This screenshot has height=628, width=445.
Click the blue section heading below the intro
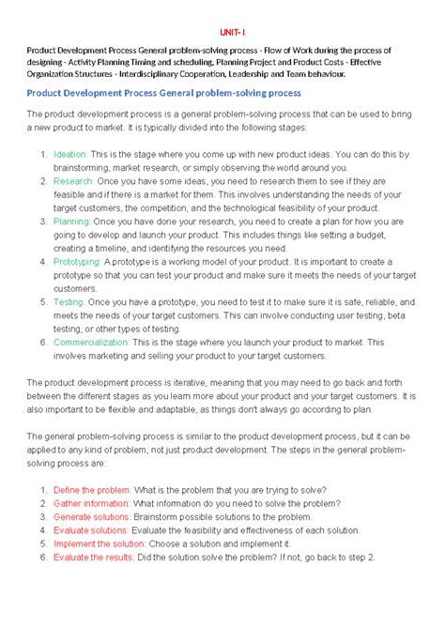pyautogui.click(x=163, y=94)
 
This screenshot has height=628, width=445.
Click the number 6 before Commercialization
pyautogui.click(x=43, y=344)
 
